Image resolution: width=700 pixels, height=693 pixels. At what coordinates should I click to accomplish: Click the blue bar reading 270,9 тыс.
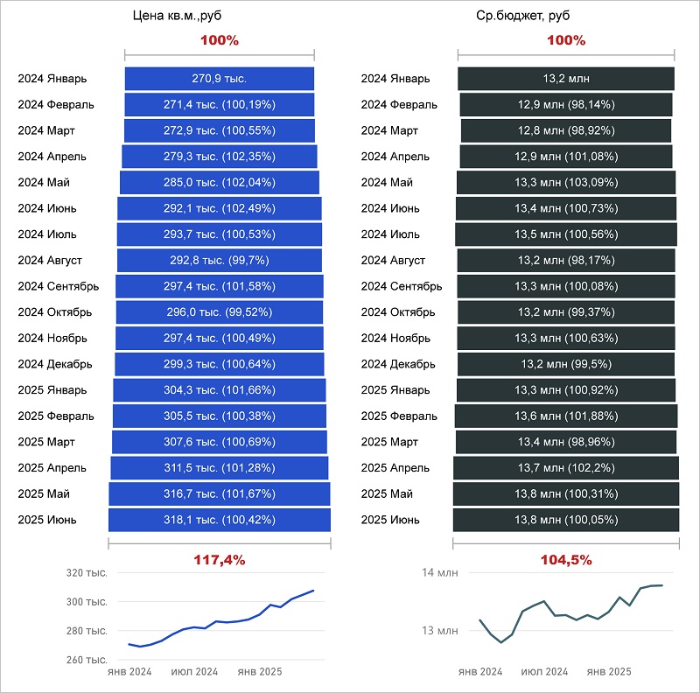(220, 79)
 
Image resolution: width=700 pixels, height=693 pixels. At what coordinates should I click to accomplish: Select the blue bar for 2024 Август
(220, 261)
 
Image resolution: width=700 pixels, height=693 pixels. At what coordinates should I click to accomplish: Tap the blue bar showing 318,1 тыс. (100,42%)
(220, 520)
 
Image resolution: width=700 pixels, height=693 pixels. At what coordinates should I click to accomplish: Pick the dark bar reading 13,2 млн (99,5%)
(565, 364)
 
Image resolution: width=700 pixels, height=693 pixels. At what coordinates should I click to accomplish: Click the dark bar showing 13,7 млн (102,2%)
(565, 468)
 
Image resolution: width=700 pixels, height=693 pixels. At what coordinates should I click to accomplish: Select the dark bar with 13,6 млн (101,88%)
(565, 416)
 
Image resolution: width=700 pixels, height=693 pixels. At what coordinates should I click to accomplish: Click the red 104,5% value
(565, 559)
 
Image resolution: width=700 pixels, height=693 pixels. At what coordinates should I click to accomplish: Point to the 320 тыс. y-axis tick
(86, 573)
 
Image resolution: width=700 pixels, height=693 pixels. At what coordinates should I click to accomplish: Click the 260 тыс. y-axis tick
(86, 660)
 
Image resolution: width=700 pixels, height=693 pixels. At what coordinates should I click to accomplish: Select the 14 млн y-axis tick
(440, 573)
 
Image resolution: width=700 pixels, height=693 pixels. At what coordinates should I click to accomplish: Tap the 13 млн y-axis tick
(440, 630)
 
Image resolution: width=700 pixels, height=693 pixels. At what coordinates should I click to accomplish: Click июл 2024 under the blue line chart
(194, 672)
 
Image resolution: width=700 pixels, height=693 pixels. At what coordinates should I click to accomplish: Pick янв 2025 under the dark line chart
(609, 672)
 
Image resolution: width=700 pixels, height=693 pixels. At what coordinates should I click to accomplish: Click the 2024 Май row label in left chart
(44, 183)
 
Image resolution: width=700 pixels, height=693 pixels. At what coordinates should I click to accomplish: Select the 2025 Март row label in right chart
(390, 442)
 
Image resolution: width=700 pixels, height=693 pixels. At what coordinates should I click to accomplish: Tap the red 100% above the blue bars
(220, 41)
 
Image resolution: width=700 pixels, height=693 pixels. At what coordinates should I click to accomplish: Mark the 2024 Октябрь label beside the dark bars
(398, 312)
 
